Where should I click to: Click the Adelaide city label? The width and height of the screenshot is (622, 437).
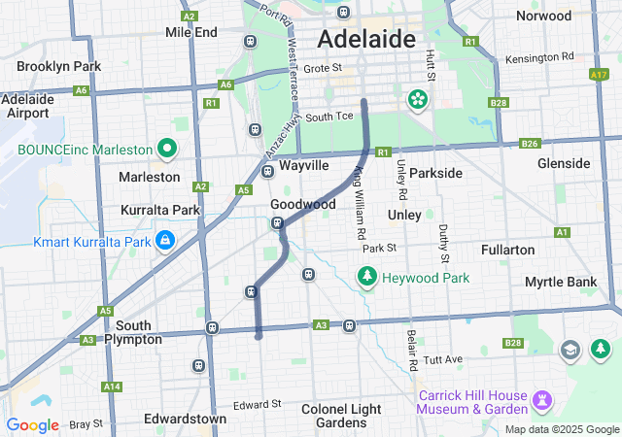click(x=367, y=40)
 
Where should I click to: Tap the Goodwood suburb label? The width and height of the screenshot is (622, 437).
click(x=302, y=205)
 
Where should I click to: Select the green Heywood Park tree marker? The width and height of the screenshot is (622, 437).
click(x=367, y=279)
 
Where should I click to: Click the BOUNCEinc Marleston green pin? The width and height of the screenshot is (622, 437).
click(x=167, y=150)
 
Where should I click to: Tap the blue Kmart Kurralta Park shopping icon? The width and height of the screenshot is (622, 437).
click(x=166, y=239)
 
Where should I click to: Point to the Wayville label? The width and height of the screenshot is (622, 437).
click(x=303, y=166)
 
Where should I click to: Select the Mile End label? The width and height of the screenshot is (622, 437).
click(x=191, y=32)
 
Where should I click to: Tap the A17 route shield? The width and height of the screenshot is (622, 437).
click(x=600, y=74)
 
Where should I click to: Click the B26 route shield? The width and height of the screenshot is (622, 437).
click(x=530, y=144)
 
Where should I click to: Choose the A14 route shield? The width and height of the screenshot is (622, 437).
click(x=112, y=387)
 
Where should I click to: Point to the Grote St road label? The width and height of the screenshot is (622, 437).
click(x=324, y=68)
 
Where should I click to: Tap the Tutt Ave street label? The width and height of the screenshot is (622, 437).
click(x=443, y=359)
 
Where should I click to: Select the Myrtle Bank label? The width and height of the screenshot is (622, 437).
click(x=560, y=282)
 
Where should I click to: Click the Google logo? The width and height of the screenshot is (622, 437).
click(x=32, y=425)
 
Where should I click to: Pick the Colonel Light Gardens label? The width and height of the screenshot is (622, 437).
click(x=341, y=416)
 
